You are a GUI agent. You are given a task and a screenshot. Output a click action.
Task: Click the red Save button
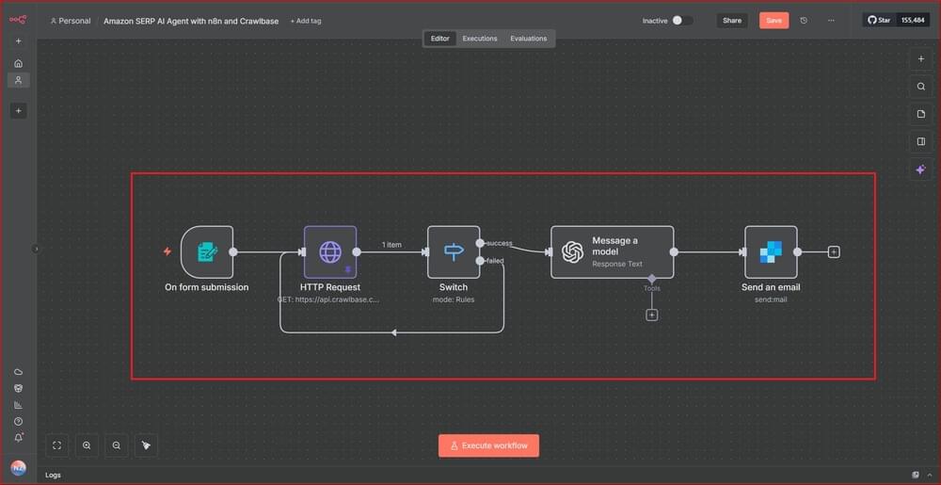coord(774,20)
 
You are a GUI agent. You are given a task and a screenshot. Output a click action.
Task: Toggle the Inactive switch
coord(682,20)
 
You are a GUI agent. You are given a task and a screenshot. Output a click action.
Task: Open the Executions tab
coord(480,39)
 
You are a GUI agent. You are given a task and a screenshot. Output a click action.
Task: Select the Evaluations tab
coord(528,39)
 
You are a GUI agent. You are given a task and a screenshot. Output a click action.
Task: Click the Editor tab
coord(440,39)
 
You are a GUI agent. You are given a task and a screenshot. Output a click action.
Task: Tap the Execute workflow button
coord(488,445)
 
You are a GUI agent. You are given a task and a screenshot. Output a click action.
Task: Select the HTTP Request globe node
coord(330,252)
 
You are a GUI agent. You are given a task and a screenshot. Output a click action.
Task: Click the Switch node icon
coord(454,252)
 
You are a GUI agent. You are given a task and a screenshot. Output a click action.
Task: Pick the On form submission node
coord(207,252)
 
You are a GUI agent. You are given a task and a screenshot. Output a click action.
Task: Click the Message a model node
coord(612,252)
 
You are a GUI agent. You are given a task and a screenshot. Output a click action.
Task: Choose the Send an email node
coord(771,252)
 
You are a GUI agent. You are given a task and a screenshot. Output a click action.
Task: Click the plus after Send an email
coord(834,252)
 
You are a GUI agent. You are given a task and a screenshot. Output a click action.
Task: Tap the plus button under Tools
coord(652,315)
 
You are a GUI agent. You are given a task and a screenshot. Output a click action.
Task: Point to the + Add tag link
coord(305,21)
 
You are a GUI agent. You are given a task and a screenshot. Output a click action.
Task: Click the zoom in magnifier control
coord(87,445)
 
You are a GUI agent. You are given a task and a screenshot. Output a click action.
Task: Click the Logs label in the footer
coord(53,475)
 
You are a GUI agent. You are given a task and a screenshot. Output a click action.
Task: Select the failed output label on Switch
coord(494,261)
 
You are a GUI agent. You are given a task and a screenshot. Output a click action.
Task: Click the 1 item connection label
coord(391,245)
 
